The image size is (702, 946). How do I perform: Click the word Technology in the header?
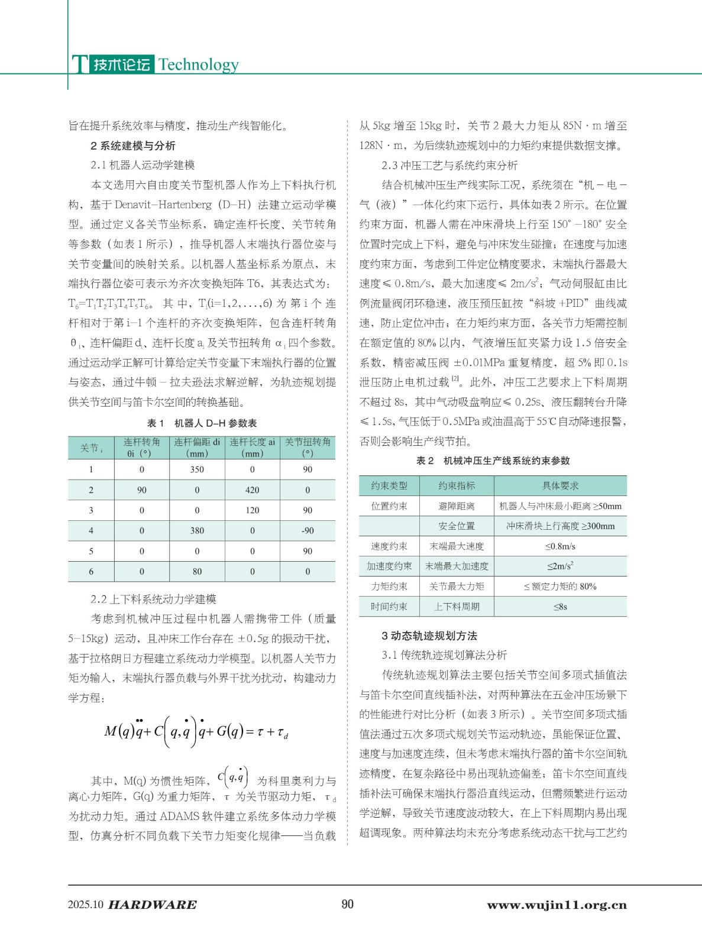198,64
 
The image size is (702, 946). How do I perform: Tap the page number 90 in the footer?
348,904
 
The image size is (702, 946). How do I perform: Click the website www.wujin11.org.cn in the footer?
557,905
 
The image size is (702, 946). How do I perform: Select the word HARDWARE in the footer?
153,905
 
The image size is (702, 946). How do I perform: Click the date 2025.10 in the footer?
86,905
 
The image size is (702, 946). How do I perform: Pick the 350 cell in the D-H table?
197,469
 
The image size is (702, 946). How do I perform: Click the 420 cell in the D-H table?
252,490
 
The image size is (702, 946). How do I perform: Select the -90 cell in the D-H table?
308,531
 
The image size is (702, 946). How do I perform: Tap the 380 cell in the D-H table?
197,531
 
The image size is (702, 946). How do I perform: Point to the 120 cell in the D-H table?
252,510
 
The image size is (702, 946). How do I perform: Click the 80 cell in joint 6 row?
197,572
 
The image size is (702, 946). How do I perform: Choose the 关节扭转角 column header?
308,448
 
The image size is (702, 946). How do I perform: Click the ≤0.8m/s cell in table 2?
560,546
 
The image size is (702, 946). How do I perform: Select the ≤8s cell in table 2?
560,607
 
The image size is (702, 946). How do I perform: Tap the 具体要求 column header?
560,486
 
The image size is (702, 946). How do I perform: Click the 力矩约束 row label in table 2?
389,587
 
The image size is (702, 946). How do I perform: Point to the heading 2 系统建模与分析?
133,146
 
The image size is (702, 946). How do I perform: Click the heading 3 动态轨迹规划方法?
429,636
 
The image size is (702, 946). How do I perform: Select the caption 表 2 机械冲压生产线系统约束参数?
493,461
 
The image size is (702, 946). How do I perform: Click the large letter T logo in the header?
80,64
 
